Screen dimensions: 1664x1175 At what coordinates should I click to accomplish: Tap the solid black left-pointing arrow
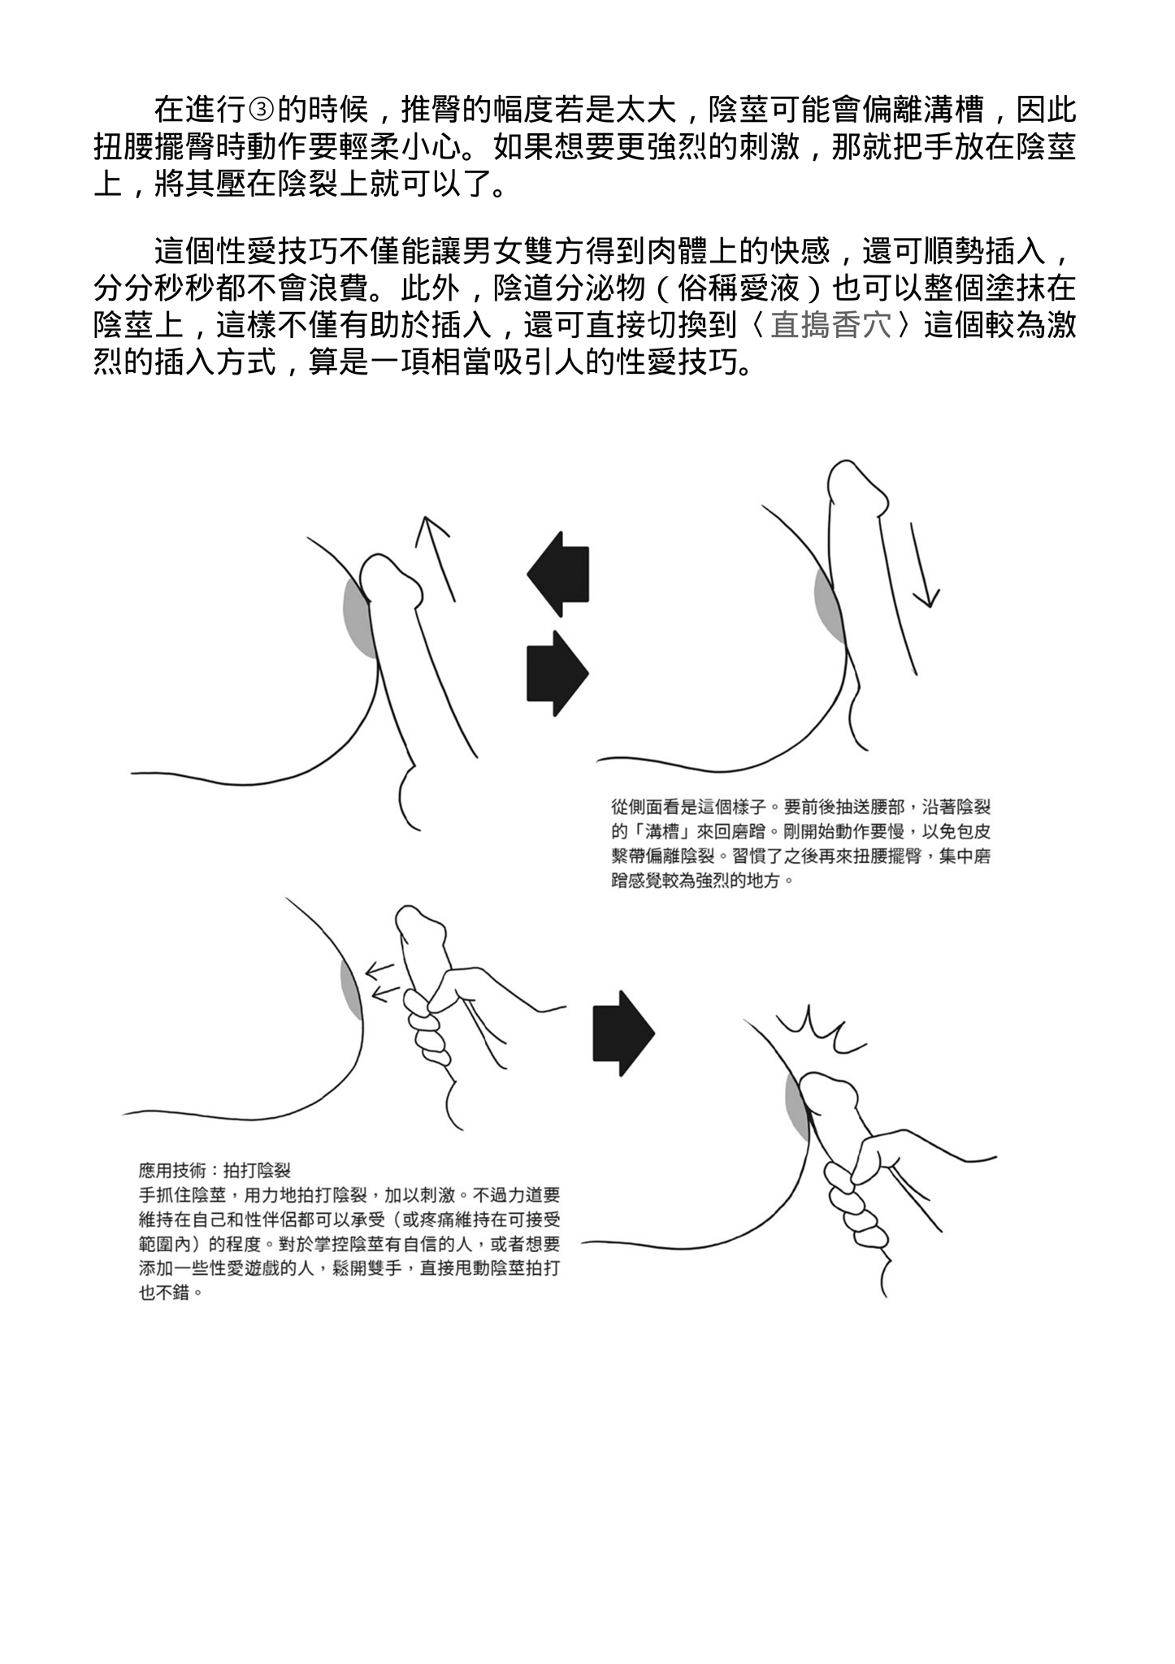coord(559,574)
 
